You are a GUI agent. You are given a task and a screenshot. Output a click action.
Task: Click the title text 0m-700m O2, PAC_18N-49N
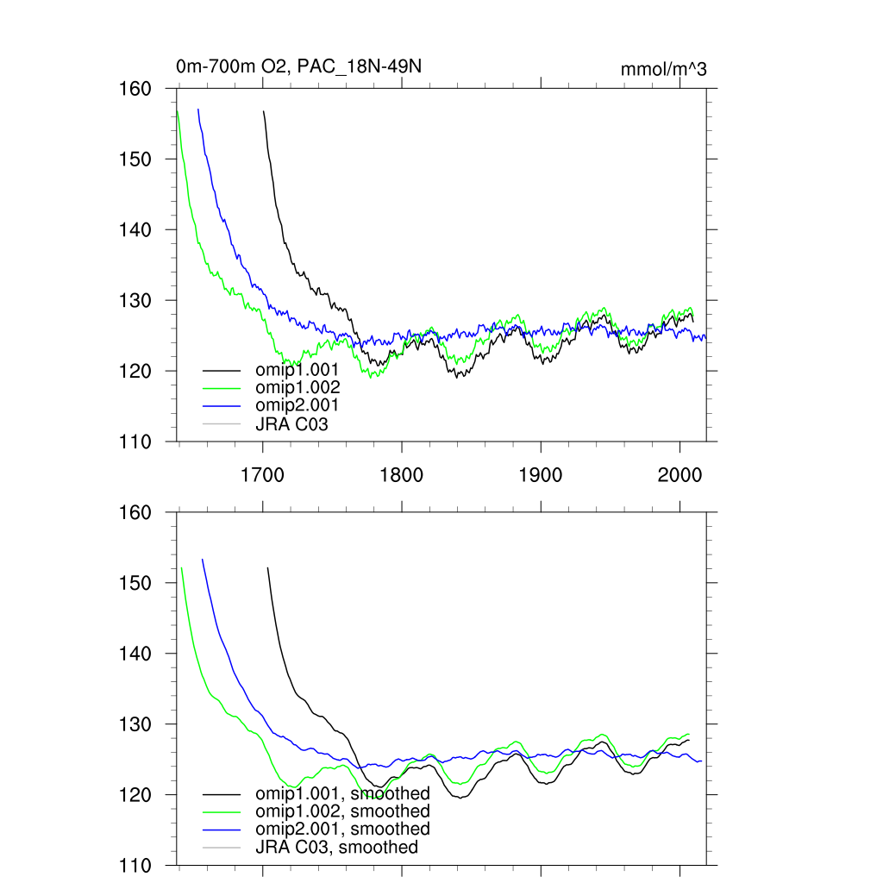tap(298, 67)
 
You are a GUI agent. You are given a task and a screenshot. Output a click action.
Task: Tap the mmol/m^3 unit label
tap(663, 69)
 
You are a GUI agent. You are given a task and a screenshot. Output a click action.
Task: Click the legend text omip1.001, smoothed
tap(342, 793)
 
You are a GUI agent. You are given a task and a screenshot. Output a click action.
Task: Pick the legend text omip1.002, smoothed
tap(342, 811)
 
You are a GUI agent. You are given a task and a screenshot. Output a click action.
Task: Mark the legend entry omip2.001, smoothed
tap(342, 830)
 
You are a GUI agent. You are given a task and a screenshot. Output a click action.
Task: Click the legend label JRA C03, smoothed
tap(337, 848)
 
